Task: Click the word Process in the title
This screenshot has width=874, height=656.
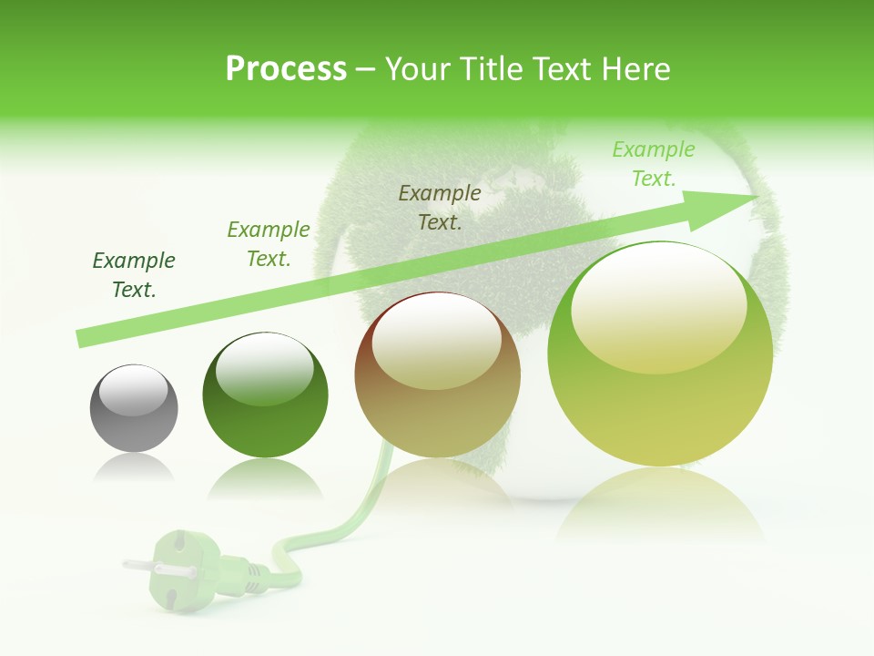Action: tap(286, 69)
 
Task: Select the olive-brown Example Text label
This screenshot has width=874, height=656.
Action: tap(440, 207)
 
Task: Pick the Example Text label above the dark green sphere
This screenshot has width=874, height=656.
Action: tap(269, 244)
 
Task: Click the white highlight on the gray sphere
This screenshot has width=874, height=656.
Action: tap(133, 390)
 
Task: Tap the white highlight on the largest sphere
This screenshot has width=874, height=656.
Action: tap(658, 305)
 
